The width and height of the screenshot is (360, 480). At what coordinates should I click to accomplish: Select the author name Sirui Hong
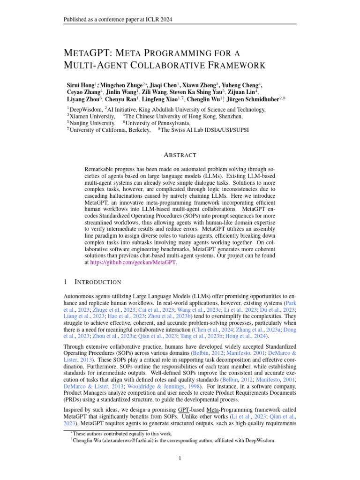81,85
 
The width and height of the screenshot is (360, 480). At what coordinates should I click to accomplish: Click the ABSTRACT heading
180,155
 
